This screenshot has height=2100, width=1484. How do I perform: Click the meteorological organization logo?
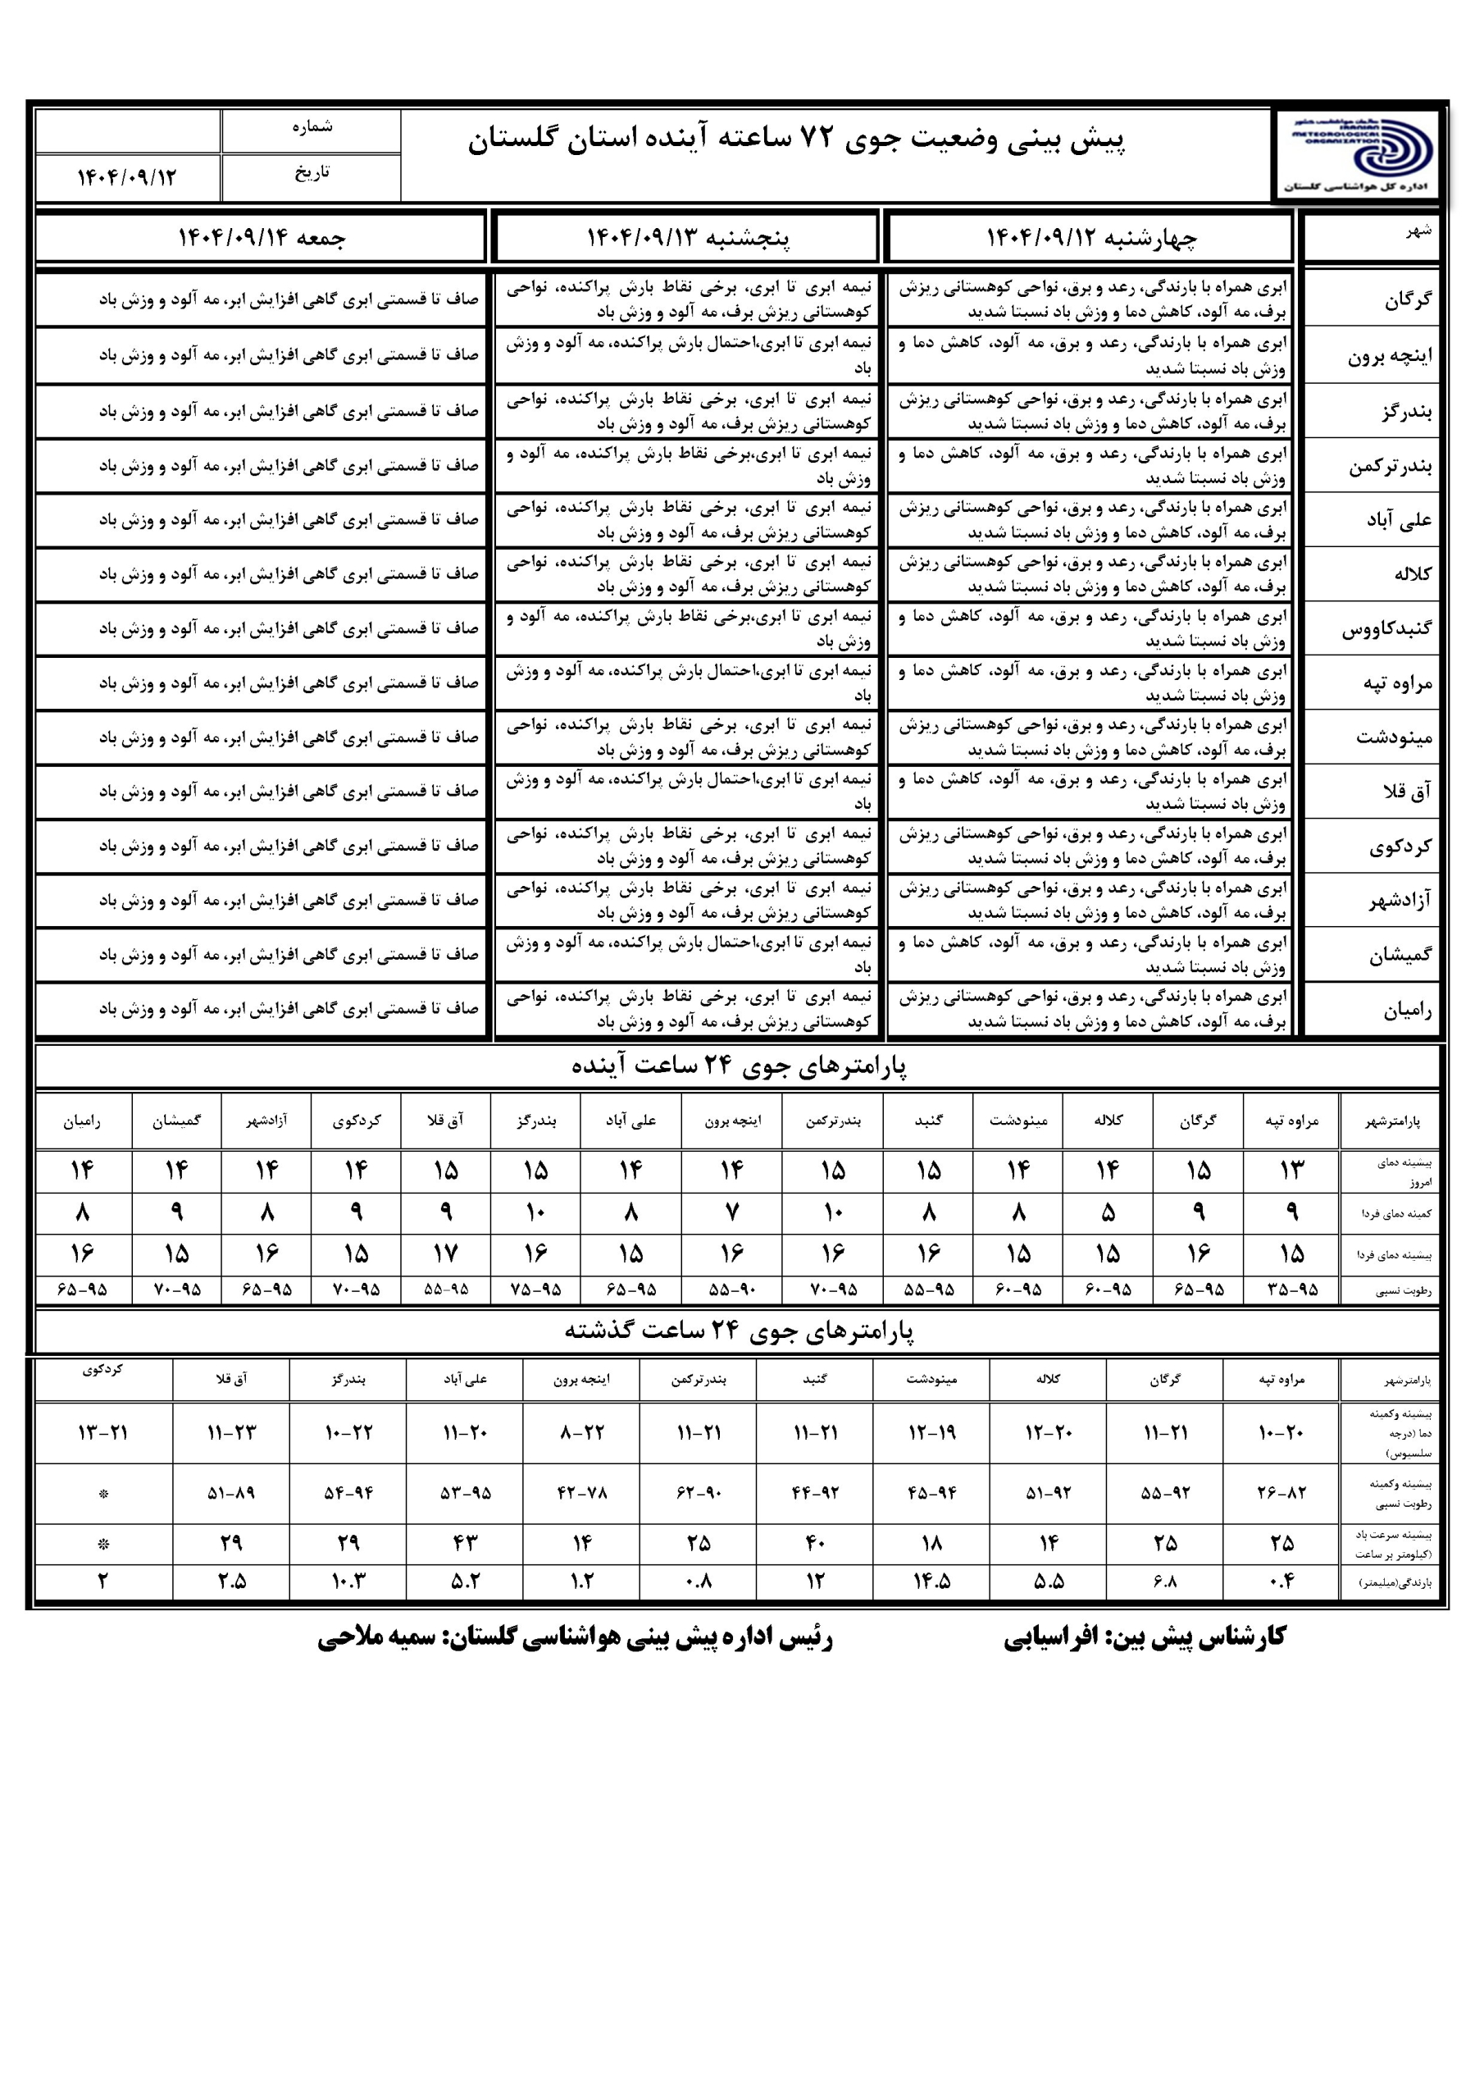click(1359, 153)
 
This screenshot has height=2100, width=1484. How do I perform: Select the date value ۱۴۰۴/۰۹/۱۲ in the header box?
click(126, 177)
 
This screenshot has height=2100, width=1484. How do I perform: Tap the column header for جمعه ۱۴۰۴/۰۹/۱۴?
click(262, 238)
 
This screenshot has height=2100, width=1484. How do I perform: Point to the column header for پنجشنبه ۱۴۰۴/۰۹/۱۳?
click(687, 238)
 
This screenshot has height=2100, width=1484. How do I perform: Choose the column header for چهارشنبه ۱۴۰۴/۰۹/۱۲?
click(1090, 238)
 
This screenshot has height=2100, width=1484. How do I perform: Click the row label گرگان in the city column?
click(1407, 300)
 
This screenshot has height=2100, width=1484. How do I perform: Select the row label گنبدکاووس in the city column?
click(1387, 629)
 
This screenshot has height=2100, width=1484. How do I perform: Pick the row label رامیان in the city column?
click(1407, 1011)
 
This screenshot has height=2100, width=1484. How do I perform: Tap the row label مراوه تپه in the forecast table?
click(1397, 683)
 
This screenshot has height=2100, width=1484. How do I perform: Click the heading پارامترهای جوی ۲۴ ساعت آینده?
click(739, 1066)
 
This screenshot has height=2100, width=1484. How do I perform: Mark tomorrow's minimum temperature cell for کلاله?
click(1108, 1212)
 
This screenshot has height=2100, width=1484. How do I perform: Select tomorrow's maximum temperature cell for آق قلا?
click(445, 1253)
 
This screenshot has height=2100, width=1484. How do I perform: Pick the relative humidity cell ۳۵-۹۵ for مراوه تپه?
click(1292, 1290)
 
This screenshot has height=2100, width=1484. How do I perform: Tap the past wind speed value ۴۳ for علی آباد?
click(465, 1543)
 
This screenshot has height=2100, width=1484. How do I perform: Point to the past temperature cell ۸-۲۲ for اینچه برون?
click(581, 1433)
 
